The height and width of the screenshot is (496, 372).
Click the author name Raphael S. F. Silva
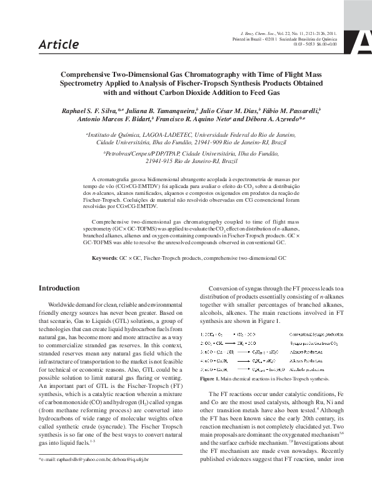pyautogui.click(x=89, y=110)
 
